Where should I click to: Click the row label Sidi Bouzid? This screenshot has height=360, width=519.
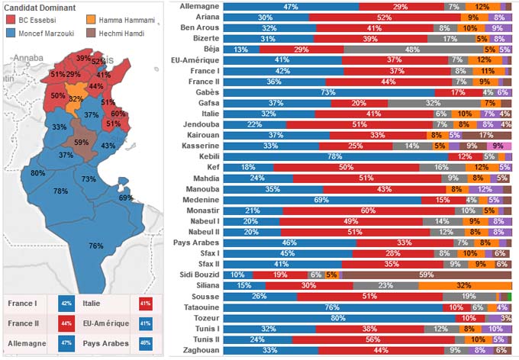200,274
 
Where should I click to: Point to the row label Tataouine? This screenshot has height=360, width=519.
202,307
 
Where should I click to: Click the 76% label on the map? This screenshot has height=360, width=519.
96,246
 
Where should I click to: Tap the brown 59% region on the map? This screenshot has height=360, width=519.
79,142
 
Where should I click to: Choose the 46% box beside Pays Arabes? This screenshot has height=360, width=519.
145,343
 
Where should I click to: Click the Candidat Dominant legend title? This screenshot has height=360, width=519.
40,6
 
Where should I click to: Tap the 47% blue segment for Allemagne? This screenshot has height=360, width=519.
291,6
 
